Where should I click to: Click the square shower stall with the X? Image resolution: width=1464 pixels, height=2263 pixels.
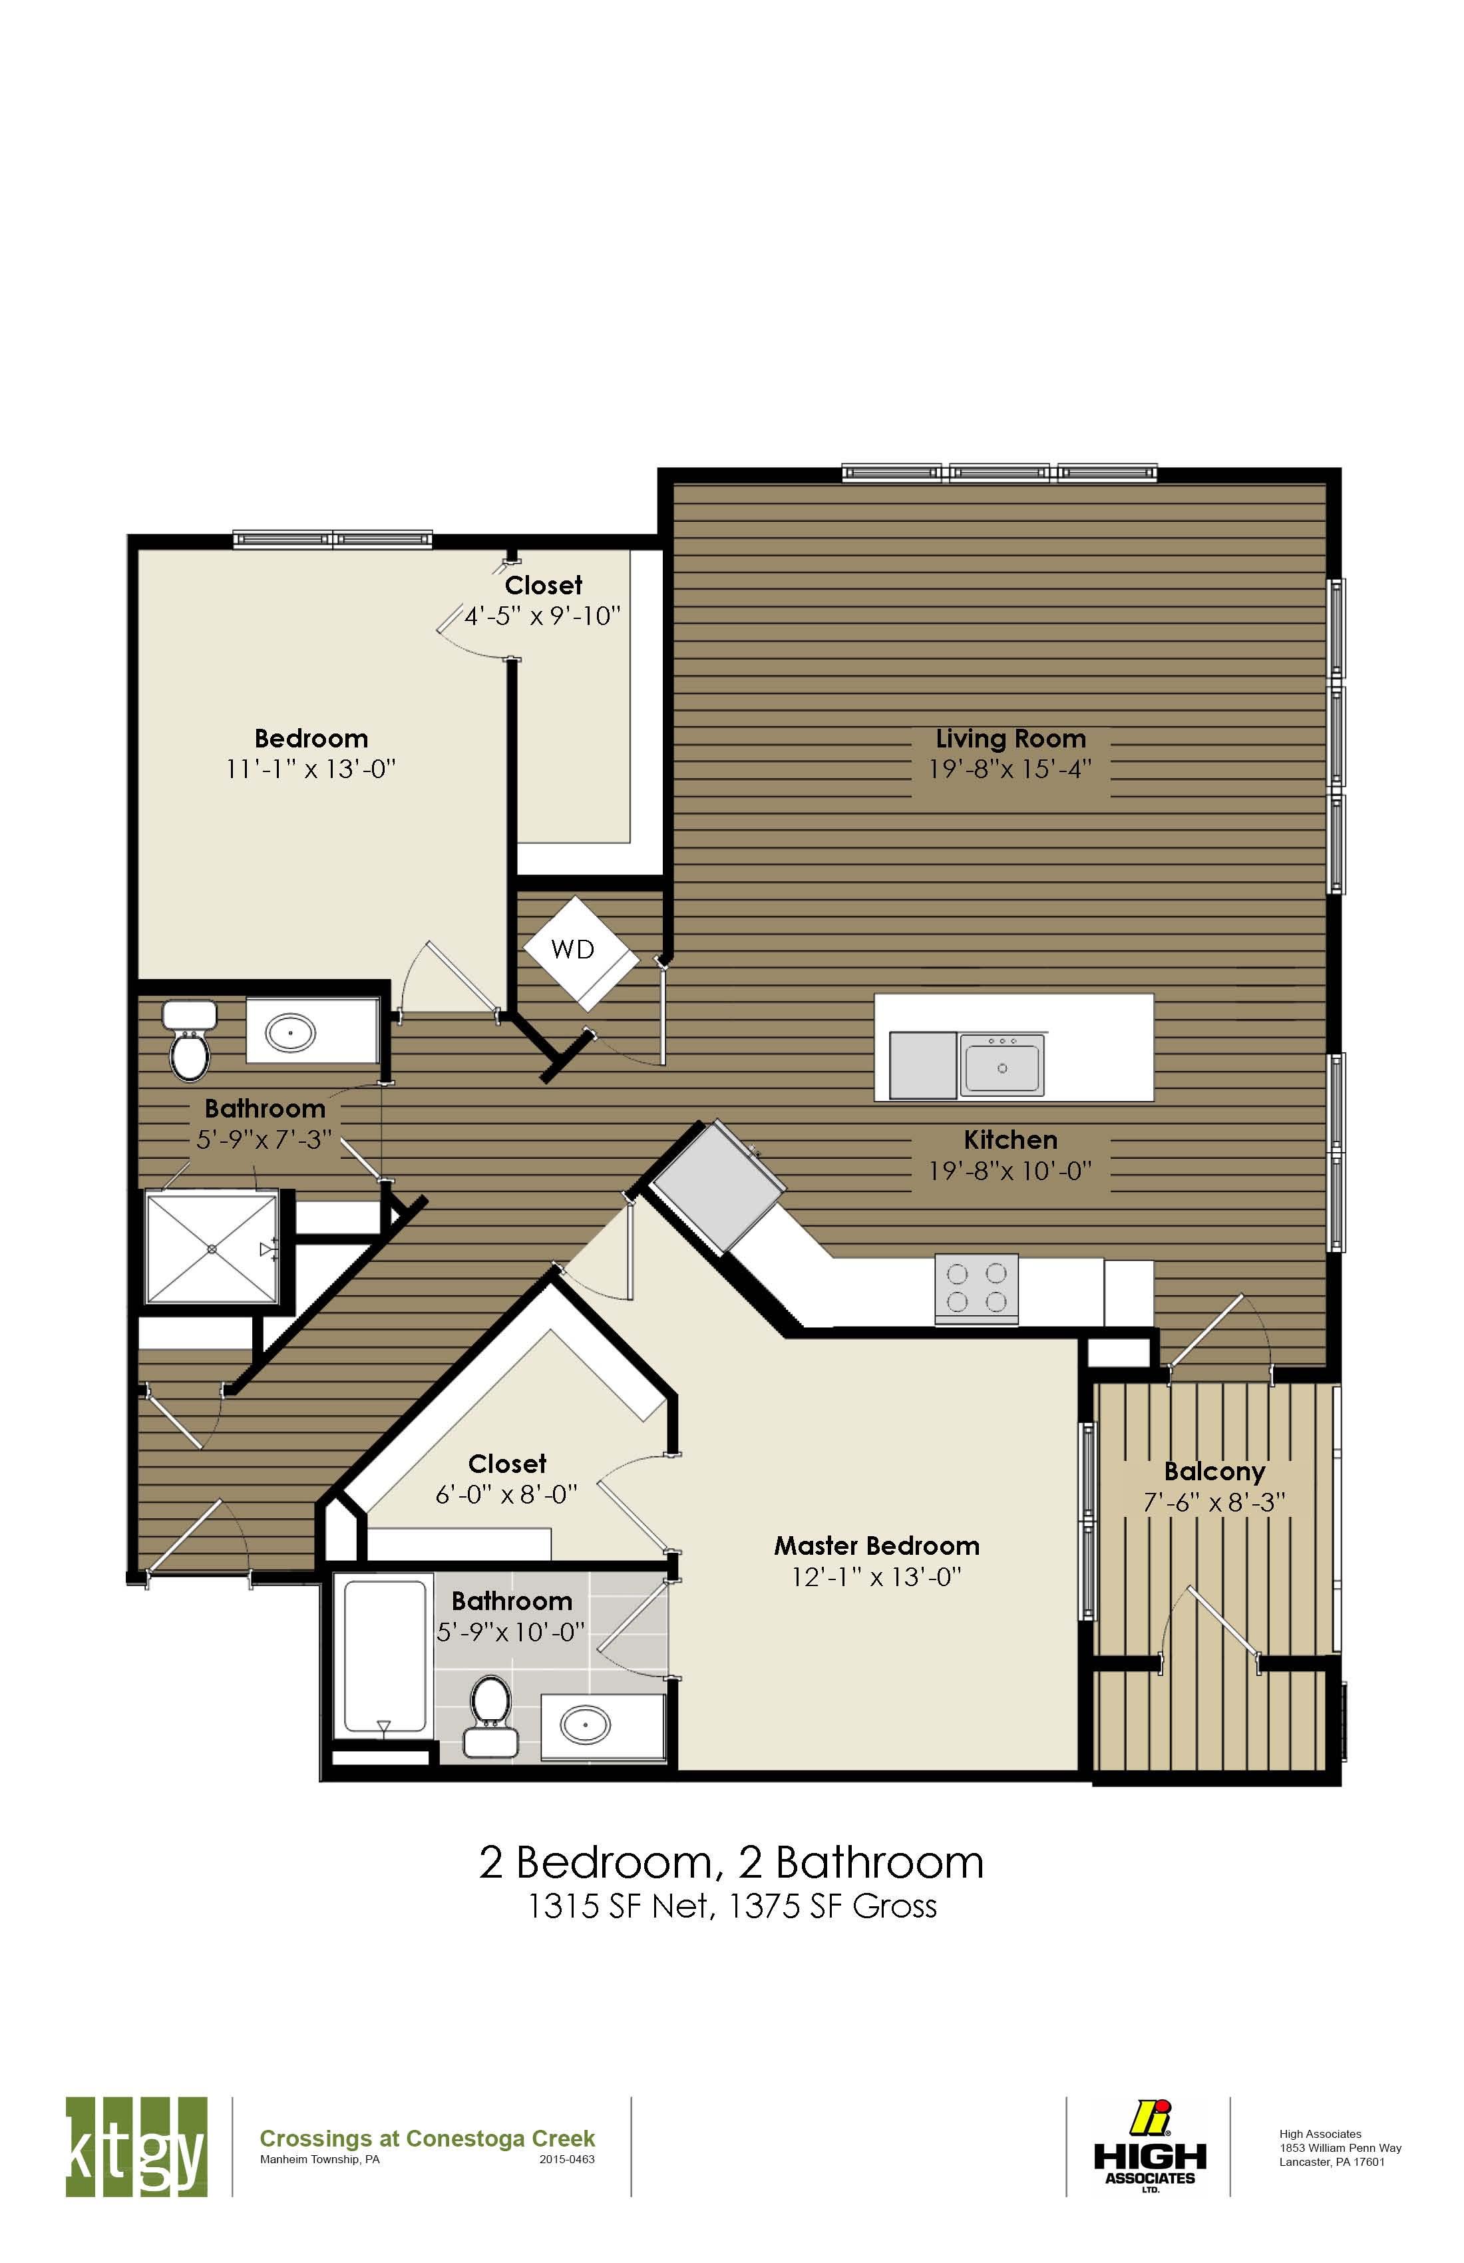tap(211, 1247)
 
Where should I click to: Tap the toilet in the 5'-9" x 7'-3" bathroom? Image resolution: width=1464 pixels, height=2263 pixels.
tap(189, 1044)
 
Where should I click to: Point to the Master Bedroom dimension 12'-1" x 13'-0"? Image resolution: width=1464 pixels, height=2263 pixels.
tap(876, 1577)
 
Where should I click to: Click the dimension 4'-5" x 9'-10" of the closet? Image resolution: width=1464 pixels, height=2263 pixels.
tap(542, 616)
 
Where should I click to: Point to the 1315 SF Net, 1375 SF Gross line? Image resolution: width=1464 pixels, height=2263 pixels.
tap(732, 1906)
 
